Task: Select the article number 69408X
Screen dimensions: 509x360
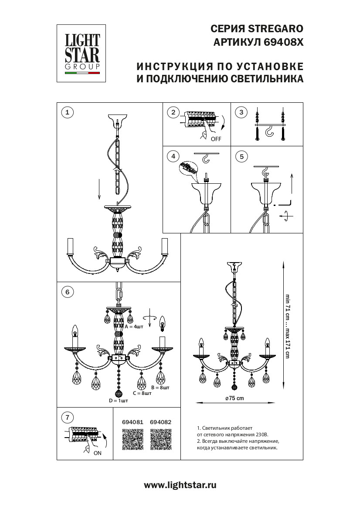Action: [x=283, y=43]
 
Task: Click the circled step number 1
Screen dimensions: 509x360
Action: [x=67, y=113]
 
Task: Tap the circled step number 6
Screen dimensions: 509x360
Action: [x=67, y=292]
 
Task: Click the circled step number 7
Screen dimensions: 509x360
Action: [x=67, y=418]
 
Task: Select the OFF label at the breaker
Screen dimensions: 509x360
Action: [x=216, y=139]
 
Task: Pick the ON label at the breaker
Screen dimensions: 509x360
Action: [x=97, y=453]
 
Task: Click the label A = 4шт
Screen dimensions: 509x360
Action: [x=134, y=327]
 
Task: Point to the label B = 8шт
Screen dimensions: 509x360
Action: [x=160, y=387]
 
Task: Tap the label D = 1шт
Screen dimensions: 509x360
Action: [x=119, y=401]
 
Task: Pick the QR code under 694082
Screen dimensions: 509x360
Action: [x=160, y=439]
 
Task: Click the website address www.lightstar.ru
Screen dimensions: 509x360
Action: [x=180, y=485]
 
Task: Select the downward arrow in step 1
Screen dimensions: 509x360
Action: [x=100, y=188]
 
